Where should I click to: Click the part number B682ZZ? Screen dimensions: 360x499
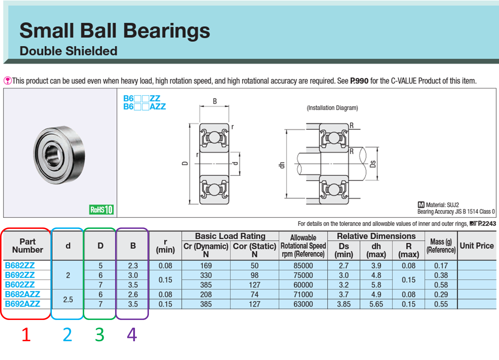pyautogui.click(x=20, y=266)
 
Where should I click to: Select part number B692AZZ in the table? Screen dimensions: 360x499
pyautogui.click(x=22, y=304)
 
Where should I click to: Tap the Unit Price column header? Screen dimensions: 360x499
pyautogui.click(x=477, y=246)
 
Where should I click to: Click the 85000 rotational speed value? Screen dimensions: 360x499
pyautogui.click(x=303, y=266)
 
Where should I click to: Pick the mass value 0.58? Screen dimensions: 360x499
pyautogui.click(x=441, y=285)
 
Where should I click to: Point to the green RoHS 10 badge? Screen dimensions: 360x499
pyautogui.click(x=101, y=210)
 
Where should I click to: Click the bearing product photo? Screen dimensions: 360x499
pyautogui.click(x=60, y=154)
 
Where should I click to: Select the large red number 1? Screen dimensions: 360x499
pyautogui.click(x=26, y=335)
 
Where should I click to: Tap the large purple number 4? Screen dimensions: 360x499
pyautogui.click(x=132, y=335)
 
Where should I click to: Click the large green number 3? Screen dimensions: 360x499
pyautogui.click(x=100, y=335)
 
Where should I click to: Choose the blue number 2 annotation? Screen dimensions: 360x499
pyautogui.click(x=67, y=335)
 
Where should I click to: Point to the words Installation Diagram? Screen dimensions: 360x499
pyautogui.click(x=332, y=108)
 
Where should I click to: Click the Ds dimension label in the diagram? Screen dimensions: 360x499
pyautogui.click(x=373, y=164)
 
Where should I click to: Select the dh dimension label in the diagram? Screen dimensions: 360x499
pyautogui.click(x=282, y=165)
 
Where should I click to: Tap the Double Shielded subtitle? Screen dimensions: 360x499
pyautogui.click(x=68, y=51)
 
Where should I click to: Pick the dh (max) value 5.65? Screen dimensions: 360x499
pyautogui.click(x=376, y=304)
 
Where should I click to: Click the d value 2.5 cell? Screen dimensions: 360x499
pyautogui.click(x=68, y=299)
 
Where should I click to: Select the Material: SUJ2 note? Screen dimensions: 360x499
pyautogui.click(x=439, y=205)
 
